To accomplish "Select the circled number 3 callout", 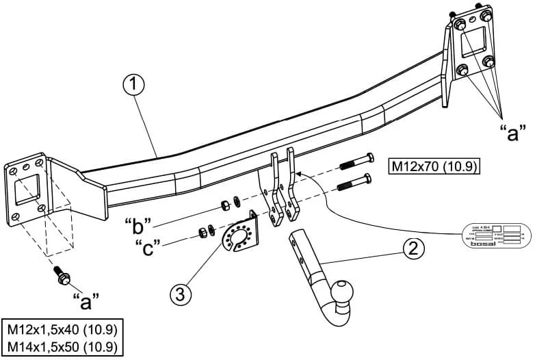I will pyautogui.click(x=180, y=294).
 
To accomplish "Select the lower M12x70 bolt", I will pyautogui.click(x=356, y=183).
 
